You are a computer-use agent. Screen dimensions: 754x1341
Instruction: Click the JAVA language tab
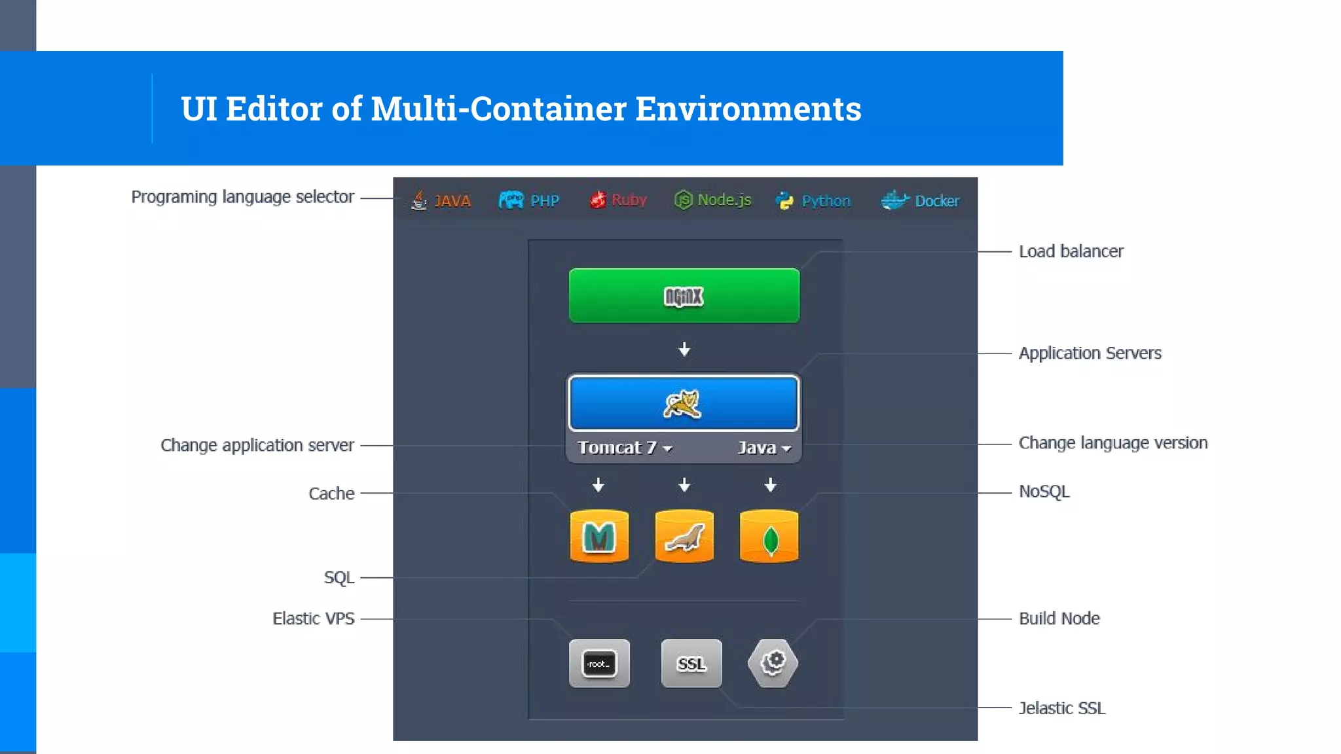click(x=441, y=201)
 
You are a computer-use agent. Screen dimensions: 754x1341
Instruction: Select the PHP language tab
click(x=529, y=200)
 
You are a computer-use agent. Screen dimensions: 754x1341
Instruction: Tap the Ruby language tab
click(x=618, y=200)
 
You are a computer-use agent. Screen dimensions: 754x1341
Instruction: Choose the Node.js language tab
click(x=712, y=200)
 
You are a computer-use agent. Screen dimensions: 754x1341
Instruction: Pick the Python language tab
click(x=813, y=201)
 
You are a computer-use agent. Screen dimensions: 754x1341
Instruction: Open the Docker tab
click(x=920, y=200)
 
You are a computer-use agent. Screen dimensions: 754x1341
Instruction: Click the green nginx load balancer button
click(x=684, y=296)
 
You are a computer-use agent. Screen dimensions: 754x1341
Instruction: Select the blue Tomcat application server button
click(x=684, y=404)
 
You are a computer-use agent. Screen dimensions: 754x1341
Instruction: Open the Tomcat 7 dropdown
click(x=625, y=448)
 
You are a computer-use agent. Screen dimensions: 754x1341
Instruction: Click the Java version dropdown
click(x=764, y=448)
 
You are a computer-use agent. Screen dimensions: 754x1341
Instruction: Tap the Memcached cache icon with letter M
click(x=599, y=537)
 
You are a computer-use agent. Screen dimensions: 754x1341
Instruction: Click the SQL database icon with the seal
click(x=684, y=537)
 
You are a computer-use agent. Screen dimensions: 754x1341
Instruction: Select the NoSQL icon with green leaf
click(x=769, y=537)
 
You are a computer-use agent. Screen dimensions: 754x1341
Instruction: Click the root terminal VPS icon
click(x=599, y=664)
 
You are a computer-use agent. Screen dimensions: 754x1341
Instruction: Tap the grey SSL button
click(x=691, y=664)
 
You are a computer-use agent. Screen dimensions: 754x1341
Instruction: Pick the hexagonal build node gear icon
click(x=773, y=663)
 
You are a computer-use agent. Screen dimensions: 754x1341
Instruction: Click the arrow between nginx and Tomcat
click(x=684, y=349)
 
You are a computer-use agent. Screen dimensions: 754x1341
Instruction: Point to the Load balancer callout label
click(x=1071, y=251)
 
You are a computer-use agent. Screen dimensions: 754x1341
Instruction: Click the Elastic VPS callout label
click(x=313, y=619)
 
